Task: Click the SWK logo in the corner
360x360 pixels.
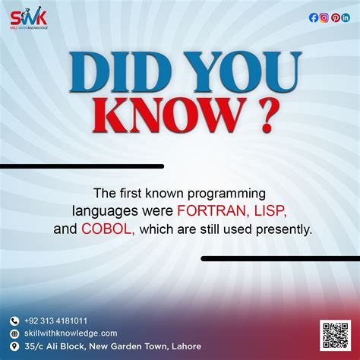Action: (x=30, y=19)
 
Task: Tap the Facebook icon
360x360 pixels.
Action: (x=314, y=18)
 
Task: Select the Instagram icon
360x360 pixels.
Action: (x=324, y=18)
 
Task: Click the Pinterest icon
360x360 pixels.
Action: (x=335, y=18)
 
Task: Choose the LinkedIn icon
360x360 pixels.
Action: (x=346, y=18)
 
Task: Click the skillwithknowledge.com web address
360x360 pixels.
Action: (x=70, y=333)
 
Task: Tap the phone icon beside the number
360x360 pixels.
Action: (x=14, y=321)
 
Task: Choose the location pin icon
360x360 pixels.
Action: (x=14, y=346)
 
